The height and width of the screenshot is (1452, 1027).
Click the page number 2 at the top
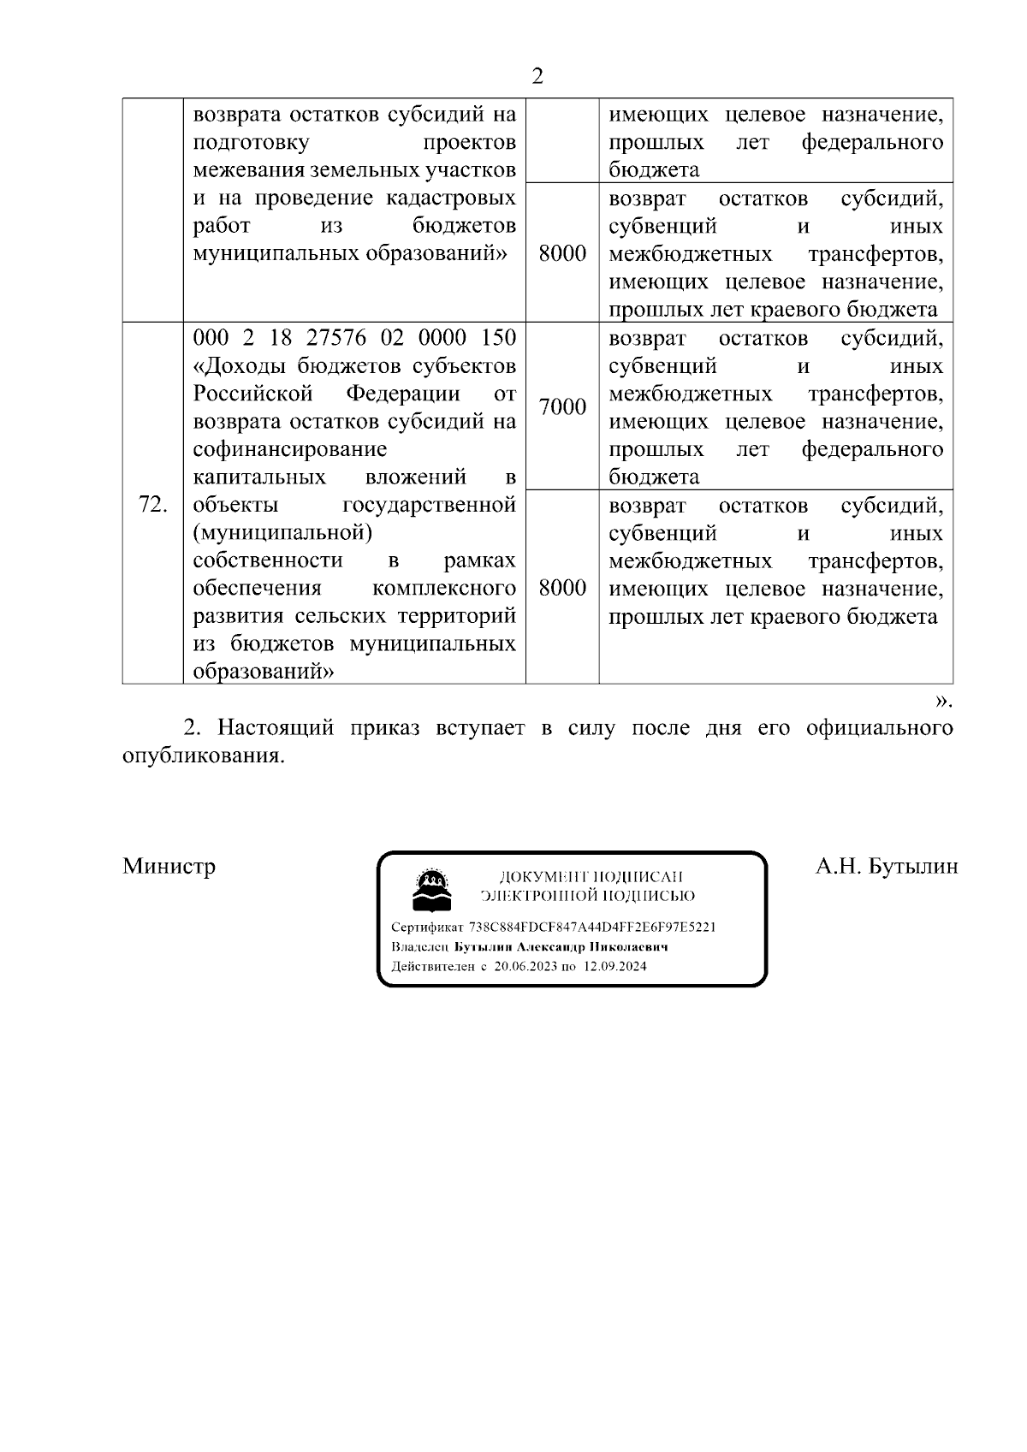pos(537,77)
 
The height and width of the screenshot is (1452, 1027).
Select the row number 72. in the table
pos(152,505)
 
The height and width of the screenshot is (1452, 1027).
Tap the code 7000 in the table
pos(562,406)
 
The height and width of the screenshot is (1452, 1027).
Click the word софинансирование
pos(290,449)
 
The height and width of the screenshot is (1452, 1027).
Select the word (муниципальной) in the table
pos(283,532)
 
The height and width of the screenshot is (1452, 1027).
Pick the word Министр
pos(169,866)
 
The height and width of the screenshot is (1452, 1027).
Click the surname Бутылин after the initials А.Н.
pos(912,866)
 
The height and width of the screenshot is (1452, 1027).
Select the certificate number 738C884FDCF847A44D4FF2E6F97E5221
pos(592,927)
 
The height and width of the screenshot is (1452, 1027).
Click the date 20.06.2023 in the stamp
pos(525,966)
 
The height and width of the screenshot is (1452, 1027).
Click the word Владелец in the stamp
pos(419,946)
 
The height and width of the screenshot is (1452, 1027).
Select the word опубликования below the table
pos(202,756)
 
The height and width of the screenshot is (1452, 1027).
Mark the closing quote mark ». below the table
pos(942,701)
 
